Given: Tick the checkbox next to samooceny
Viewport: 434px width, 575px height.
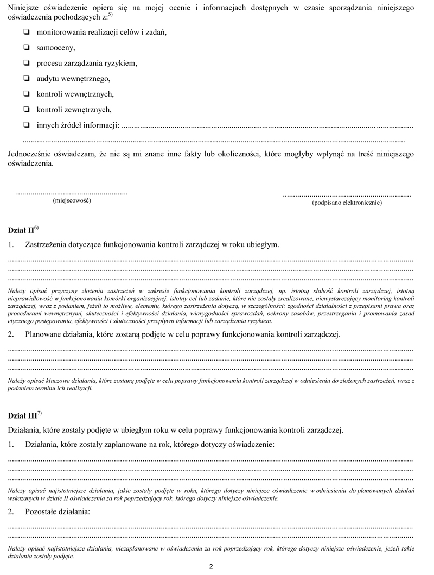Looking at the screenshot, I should pyautogui.click(x=26, y=47).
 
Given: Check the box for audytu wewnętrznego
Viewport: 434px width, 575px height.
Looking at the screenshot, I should pyautogui.click(x=26, y=79).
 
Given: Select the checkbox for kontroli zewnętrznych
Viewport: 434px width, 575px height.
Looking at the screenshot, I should pyautogui.click(x=26, y=110).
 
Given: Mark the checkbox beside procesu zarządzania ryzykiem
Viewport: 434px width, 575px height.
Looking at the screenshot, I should pyautogui.click(x=26, y=63).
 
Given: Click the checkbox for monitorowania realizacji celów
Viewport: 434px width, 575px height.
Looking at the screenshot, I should pyautogui.click(x=26, y=32).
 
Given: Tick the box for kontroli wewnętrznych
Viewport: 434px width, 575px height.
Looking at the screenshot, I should pyautogui.click(x=26, y=94).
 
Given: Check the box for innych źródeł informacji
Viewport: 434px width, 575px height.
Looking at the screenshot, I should pyautogui.click(x=26, y=125).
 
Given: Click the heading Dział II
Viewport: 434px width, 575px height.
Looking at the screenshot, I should pyautogui.click(x=21, y=229).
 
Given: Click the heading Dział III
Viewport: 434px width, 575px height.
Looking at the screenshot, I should pyautogui.click(x=22, y=416).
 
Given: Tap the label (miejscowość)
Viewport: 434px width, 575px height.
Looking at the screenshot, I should pyautogui.click(x=72, y=201).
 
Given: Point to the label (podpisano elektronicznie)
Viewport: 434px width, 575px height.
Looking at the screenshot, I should pyautogui.click(x=347, y=203).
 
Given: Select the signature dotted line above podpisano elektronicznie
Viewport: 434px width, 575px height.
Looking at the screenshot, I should pyautogui.click(x=347, y=194).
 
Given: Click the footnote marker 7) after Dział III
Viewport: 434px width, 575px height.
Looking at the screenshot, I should pyautogui.click(x=40, y=413).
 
